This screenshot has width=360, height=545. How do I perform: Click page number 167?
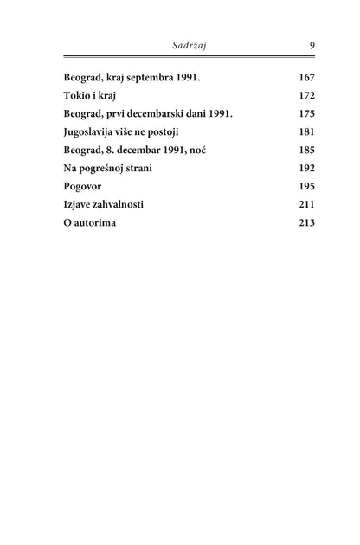tap(305, 76)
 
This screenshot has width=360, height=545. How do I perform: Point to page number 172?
tap(305, 94)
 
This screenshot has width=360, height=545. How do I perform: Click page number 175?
tap(305, 112)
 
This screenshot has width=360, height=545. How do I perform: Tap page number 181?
tap(305, 131)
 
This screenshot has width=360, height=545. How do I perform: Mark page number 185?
tap(305, 149)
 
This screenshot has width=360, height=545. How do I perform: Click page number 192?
tap(305, 167)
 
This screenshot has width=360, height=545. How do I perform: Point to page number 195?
tap(305, 185)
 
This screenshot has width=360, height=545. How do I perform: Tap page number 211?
tap(305, 203)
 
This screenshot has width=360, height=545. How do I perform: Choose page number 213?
tap(305, 221)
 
